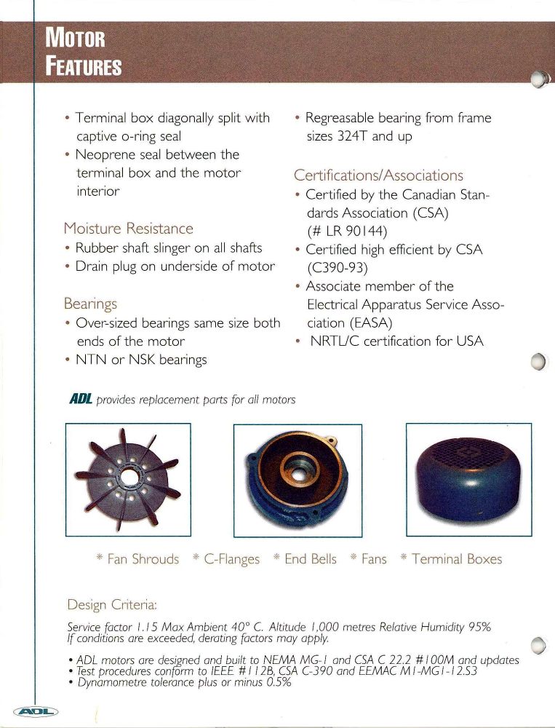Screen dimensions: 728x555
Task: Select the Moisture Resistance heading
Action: point(128,229)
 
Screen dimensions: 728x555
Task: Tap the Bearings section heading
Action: point(91,304)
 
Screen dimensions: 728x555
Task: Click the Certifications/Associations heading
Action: point(378,175)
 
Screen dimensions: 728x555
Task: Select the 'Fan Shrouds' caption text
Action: point(143,559)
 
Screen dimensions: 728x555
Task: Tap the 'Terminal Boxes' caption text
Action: point(456,559)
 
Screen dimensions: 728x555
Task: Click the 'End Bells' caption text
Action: point(310,559)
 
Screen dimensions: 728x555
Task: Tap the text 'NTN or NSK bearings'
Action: point(140,359)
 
